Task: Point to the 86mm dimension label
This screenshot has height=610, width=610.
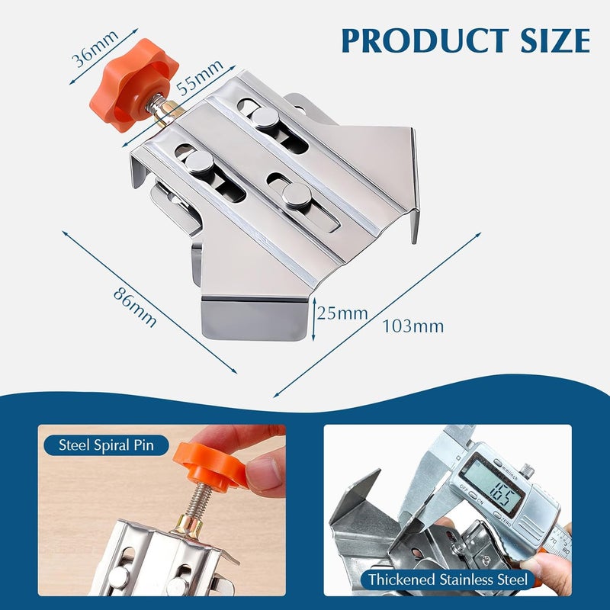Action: click(x=135, y=307)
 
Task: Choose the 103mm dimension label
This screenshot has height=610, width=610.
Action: click(x=413, y=326)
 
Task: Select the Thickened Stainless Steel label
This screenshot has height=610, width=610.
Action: click(x=447, y=579)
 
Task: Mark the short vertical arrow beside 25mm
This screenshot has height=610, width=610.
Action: click(x=313, y=318)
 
